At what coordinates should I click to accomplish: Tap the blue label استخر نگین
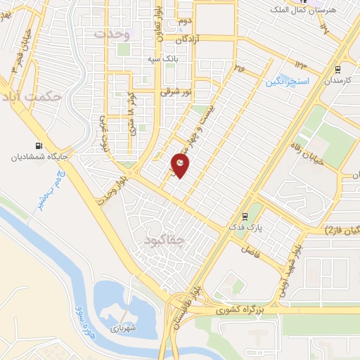pyautogui.click(x=288, y=82)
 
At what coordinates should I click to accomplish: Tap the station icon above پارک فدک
pyautogui.click(x=245, y=216)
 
